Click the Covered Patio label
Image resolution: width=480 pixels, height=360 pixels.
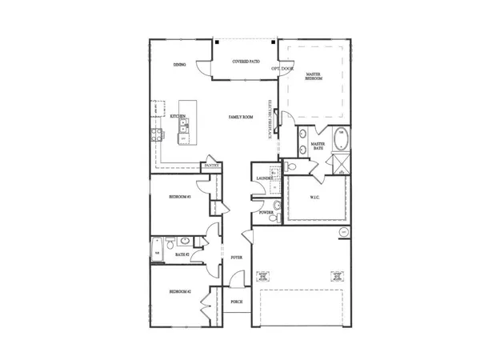(x=246, y=62)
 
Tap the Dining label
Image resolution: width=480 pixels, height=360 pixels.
(x=180, y=65)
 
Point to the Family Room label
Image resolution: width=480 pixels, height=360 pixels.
(x=241, y=117)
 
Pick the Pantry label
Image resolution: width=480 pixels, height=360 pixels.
(x=211, y=166)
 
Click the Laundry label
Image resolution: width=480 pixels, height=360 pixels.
(x=262, y=178)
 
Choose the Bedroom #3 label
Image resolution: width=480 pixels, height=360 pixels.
(x=179, y=196)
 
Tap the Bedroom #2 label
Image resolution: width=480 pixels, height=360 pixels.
(x=179, y=293)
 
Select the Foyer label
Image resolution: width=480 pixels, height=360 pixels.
(x=237, y=258)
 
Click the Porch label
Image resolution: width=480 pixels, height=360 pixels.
(x=236, y=302)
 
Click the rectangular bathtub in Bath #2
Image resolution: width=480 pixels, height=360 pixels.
(x=157, y=249)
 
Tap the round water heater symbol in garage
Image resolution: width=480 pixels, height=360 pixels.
(x=343, y=231)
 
